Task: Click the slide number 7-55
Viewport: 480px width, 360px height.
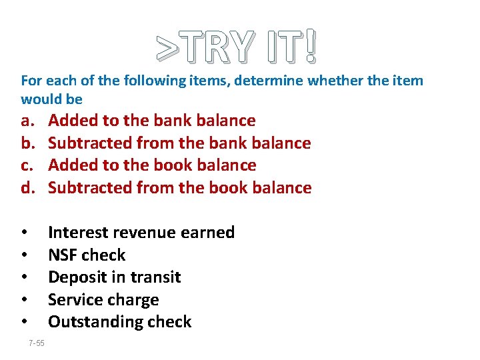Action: (37, 343)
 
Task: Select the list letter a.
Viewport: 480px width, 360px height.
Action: (27, 121)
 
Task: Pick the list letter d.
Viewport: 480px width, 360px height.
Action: (27, 188)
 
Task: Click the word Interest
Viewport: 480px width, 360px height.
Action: (78, 233)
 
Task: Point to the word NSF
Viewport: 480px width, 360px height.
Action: (64, 255)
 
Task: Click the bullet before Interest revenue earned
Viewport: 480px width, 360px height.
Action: (24, 233)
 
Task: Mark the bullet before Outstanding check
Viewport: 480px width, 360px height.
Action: (24, 322)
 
